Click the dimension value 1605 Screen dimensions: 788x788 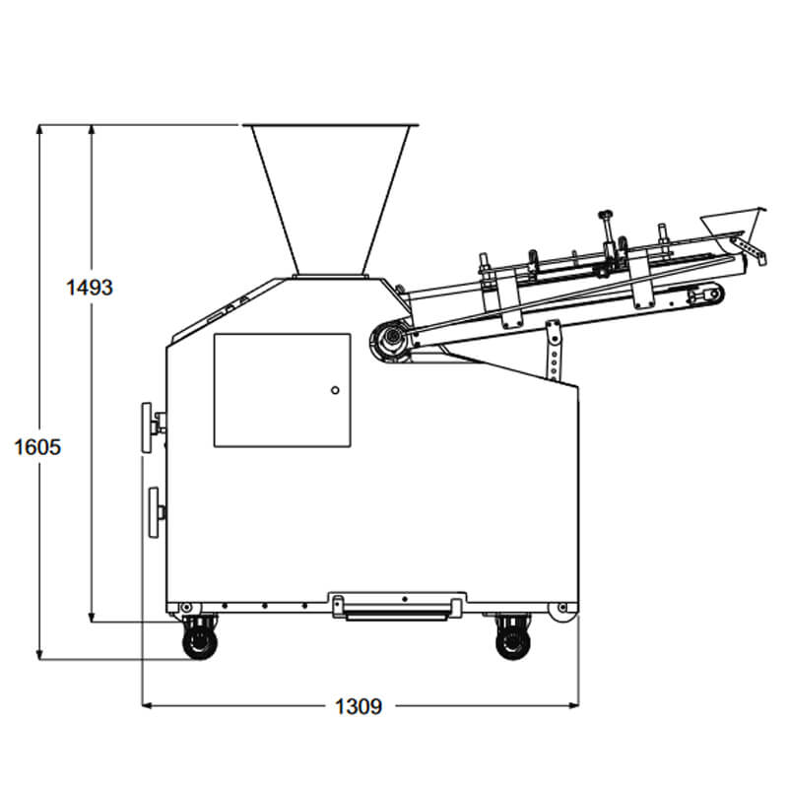37,447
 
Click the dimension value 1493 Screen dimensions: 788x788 90,288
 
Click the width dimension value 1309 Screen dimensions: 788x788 359,706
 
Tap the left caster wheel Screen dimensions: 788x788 200,643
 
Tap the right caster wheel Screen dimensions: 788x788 513,643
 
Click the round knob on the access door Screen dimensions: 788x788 335,390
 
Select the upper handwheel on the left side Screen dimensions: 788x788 147,427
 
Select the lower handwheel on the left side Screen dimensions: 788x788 154,512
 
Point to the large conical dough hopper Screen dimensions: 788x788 330,200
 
